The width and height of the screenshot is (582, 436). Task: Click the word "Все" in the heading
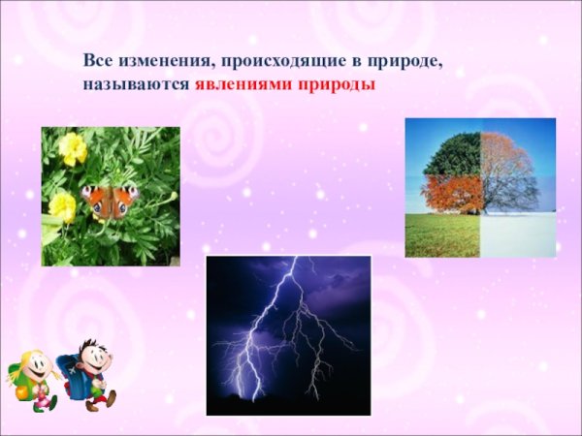[97, 61]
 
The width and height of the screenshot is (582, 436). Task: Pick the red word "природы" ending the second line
[337, 85]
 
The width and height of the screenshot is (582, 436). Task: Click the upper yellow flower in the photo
[72, 148]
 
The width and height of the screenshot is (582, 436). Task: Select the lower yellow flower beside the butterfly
[61, 205]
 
